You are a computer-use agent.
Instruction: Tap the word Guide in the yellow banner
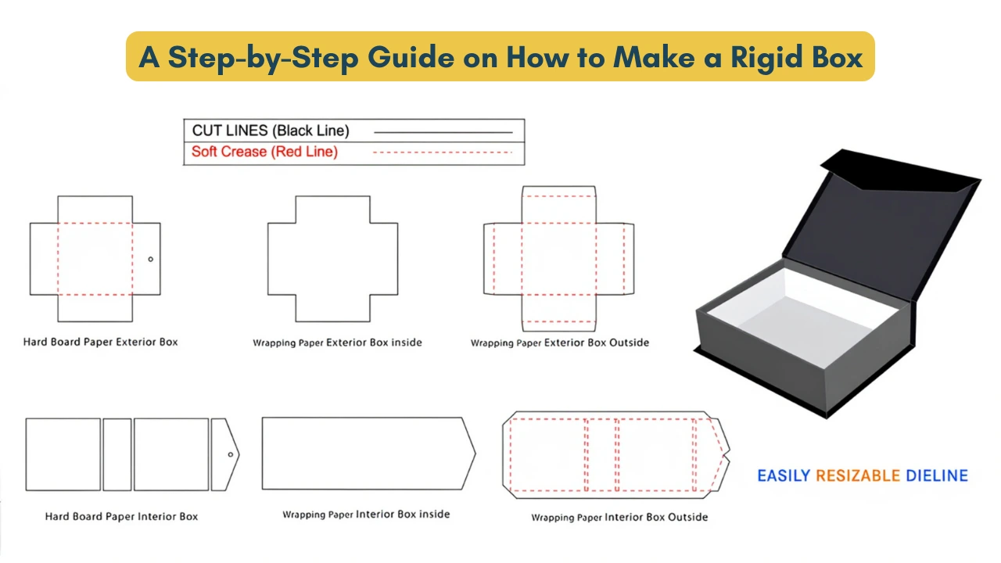[411, 57]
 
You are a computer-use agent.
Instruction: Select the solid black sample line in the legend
[443, 132]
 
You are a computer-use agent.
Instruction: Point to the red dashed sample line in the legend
[443, 152]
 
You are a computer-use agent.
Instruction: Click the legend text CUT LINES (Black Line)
[271, 131]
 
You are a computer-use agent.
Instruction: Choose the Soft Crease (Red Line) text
[264, 152]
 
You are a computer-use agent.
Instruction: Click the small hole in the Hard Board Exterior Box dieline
[151, 259]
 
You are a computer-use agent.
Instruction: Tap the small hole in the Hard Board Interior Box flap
[231, 454]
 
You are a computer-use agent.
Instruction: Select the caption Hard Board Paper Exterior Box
[101, 342]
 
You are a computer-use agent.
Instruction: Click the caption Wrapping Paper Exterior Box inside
[337, 342]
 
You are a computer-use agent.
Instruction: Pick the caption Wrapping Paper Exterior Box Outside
[560, 342]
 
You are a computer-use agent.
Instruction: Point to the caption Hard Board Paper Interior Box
[121, 517]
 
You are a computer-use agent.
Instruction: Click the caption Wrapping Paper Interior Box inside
[366, 515]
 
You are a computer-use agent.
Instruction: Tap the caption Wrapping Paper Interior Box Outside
[619, 518]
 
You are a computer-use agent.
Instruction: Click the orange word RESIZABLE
[858, 475]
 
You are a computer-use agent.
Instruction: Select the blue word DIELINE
[937, 475]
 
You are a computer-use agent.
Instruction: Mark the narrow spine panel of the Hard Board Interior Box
[117, 454]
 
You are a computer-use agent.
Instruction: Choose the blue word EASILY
[784, 475]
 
